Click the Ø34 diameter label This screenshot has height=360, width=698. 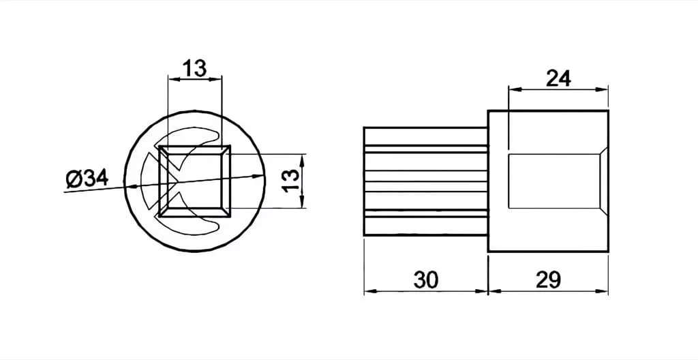pos(87,179)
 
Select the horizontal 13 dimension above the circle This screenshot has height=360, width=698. pos(194,69)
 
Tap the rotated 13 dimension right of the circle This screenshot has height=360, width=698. pos(292,181)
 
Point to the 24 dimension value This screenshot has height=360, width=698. pos(558,79)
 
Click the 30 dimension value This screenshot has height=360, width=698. pos(426,280)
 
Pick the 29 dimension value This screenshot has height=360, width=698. pos(549,280)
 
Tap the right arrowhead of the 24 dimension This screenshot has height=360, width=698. pos(603,89)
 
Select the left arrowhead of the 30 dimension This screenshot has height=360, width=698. pos(370,291)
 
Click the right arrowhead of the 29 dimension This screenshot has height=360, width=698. pos(603,291)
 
